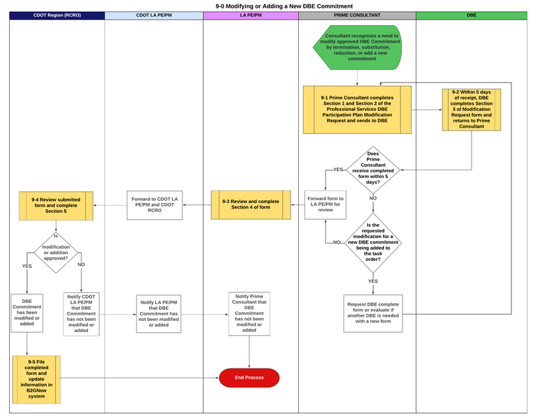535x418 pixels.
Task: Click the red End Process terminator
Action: (x=249, y=378)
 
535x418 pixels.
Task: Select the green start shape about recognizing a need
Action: (x=358, y=47)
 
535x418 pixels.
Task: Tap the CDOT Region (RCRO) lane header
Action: (x=57, y=15)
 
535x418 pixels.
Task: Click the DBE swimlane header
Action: (x=472, y=15)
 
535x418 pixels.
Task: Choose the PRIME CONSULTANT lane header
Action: (x=357, y=15)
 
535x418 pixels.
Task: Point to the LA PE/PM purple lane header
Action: (x=251, y=15)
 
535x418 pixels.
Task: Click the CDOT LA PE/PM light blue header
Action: (x=154, y=15)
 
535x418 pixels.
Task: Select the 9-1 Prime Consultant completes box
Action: (x=357, y=110)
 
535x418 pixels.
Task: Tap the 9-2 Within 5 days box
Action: (x=472, y=110)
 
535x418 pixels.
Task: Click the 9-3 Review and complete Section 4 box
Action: (x=251, y=204)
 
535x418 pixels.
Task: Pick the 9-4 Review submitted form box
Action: (x=56, y=205)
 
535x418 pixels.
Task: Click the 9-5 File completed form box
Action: (x=37, y=379)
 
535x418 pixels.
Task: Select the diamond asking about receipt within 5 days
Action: (x=373, y=169)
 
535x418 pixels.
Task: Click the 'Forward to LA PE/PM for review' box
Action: (x=325, y=204)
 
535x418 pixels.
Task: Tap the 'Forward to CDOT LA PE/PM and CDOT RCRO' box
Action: (x=155, y=205)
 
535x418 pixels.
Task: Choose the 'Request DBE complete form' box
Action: (x=373, y=313)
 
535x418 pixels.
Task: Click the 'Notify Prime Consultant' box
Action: (x=249, y=313)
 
